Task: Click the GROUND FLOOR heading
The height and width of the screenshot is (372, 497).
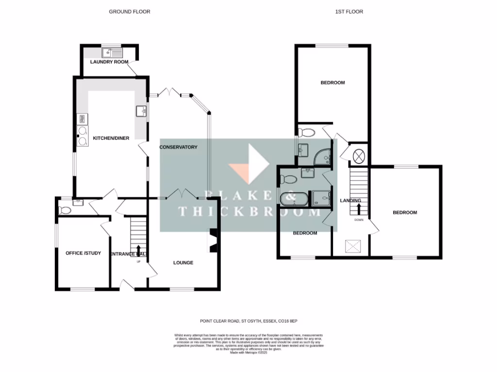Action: pyautogui.click(x=129, y=12)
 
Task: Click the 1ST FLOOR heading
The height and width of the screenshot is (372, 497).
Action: pyautogui.click(x=349, y=12)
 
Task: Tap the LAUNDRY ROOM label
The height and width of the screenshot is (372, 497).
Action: pyautogui.click(x=109, y=62)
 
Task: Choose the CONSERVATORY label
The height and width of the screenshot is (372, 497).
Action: pyautogui.click(x=179, y=147)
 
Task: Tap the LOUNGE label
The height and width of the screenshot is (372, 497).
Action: pyautogui.click(x=183, y=263)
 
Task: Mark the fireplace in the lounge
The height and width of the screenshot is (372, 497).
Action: pyautogui.click(x=212, y=241)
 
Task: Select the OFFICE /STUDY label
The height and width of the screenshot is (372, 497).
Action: pyautogui.click(x=83, y=253)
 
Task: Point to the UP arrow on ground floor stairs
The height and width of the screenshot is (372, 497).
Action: pyautogui.click(x=133, y=250)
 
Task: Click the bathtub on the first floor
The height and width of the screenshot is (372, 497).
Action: pyautogui.click(x=293, y=198)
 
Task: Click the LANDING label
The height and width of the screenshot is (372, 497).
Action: pyautogui.click(x=350, y=201)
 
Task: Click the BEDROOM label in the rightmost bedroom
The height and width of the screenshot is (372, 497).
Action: pyautogui.click(x=405, y=213)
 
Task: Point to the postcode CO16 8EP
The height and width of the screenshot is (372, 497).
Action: pyautogui.click(x=294, y=321)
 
